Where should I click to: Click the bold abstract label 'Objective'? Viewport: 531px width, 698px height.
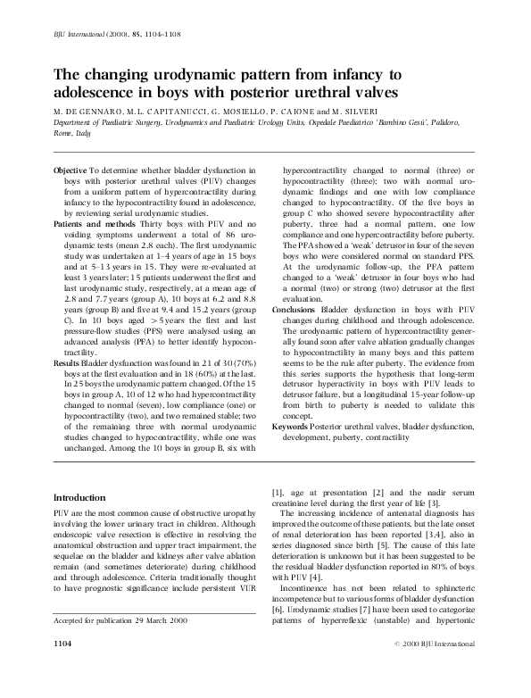click(x=71, y=170)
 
